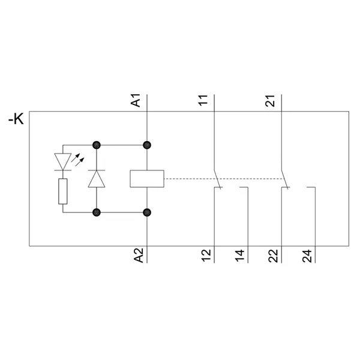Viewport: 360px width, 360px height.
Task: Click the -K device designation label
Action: point(16,120)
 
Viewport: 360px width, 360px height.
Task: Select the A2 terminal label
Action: point(138,256)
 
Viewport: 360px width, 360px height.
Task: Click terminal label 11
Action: point(203,101)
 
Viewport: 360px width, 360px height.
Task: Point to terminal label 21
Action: point(271,101)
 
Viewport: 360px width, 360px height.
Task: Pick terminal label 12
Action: point(206,256)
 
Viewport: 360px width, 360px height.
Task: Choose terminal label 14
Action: point(240,256)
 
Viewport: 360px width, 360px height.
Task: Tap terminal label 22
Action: point(274,256)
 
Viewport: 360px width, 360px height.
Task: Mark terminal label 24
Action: point(307,256)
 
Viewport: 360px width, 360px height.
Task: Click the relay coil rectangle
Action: point(147,178)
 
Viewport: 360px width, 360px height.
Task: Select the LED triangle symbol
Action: point(63,161)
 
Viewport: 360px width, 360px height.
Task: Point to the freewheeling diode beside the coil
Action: point(96,179)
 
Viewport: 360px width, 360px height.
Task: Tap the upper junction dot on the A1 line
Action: point(147,145)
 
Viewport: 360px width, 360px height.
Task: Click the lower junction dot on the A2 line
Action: point(147,212)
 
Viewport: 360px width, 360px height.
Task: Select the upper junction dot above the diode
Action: point(96,145)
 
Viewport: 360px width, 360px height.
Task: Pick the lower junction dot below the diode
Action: point(96,212)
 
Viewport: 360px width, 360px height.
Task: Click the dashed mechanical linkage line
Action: point(192,178)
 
